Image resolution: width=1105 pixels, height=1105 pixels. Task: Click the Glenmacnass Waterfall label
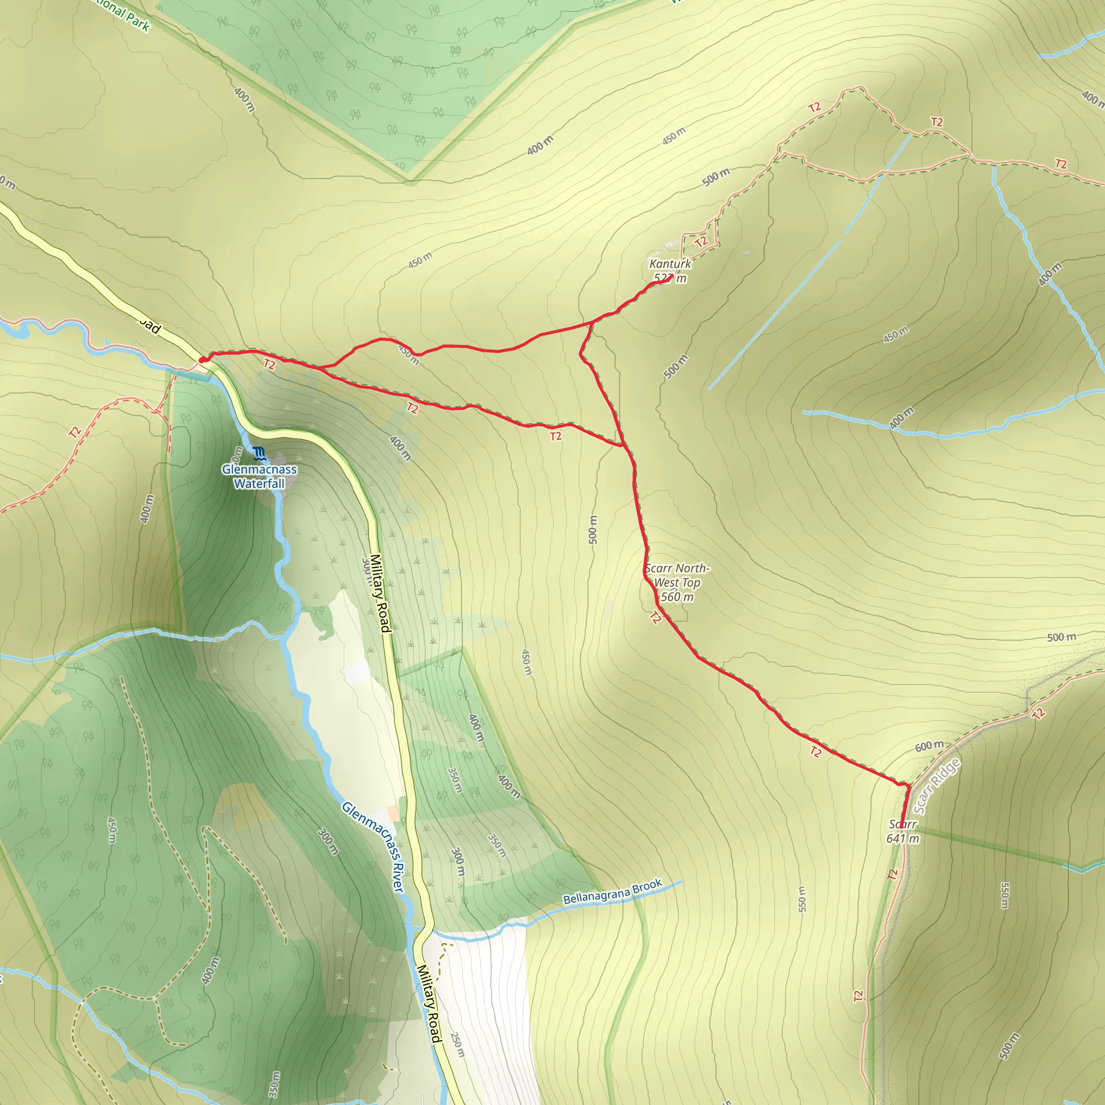coord(259,476)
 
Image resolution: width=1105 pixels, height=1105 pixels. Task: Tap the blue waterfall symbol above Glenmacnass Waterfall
coord(259,454)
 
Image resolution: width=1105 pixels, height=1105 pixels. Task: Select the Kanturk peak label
coord(670,270)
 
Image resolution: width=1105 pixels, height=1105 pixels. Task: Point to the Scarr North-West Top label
coord(677,582)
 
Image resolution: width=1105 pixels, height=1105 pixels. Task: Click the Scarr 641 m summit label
coord(903,831)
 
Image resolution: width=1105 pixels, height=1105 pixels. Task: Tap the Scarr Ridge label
coord(936,787)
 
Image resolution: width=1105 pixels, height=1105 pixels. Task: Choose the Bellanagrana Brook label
coord(612,892)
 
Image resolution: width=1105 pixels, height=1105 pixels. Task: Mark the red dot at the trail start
coord(202,360)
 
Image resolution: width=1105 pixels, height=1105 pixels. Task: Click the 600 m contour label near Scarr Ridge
coord(929,746)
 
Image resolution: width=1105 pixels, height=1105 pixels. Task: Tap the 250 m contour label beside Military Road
coord(457,1045)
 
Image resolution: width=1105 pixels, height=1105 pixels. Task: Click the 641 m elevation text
coord(903,839)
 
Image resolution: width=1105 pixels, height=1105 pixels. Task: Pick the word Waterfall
coord(259,484)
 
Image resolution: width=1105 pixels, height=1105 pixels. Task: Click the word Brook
coord(647,886)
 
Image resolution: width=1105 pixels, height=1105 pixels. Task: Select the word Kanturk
coord(670,264)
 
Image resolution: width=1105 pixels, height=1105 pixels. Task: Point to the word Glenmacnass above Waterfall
coord(259,469)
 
